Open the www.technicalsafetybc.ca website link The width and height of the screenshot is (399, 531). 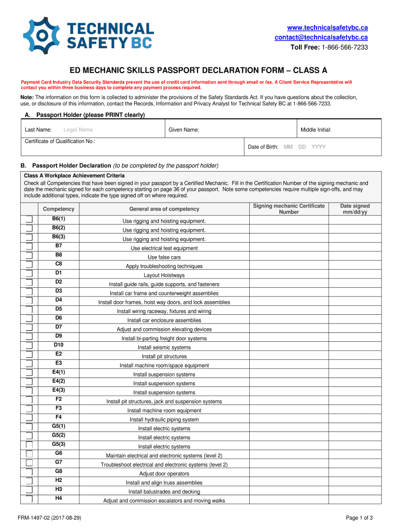[x=327, y=27]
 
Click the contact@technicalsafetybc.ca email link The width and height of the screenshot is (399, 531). [x=321, y=37]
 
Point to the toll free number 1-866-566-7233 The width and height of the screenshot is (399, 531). [x=345, y=47]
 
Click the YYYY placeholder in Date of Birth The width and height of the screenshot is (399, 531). [x=319, y=147]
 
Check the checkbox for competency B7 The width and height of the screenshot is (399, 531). [x=29, y=246]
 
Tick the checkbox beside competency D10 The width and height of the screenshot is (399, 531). [x=29, y=345]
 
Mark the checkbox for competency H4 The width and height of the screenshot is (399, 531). [x=29, y=499]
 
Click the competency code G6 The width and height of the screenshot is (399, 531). [x=59, y=453]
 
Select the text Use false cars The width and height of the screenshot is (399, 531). [x=164, y=257]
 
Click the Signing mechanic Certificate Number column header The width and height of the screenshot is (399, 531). [x=289, y=209]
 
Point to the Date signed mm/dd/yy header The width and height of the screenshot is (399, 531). [x=354, y=209]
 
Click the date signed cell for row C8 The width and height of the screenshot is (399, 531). [x=354, y=264]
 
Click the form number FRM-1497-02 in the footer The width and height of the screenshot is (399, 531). [x=49, y=518]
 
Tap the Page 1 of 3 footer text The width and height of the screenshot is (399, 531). [x=359, y=518]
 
